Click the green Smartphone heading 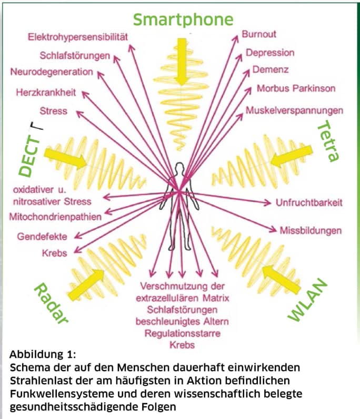(x=183, y=19)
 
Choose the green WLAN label (x=308, y=301)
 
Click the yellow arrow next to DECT (x=64, y=157)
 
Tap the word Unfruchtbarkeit (x=309, y=202)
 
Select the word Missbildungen (x=311, y=230)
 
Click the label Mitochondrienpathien (x=55, y=216)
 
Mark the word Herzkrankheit (x=46, y=93)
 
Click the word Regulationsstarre (x=182, y=333)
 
